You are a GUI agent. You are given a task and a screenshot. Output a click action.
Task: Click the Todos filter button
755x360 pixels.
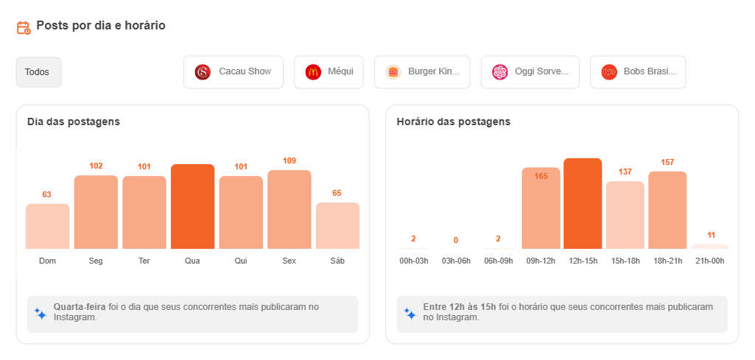pos(38,72)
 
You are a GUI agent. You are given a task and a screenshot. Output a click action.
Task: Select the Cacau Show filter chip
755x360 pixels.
pos(233,72)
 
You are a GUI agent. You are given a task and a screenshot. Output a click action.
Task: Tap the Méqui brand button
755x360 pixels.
pos(329,72)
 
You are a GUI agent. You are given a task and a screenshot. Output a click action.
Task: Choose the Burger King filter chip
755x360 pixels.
pos(422,72)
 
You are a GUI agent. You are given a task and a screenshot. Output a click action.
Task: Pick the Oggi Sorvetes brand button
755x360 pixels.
pos(530,72)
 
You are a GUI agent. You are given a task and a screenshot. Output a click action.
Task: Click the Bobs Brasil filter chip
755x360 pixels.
pos(637,72)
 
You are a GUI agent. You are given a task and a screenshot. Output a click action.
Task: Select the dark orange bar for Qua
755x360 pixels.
pos(192,207)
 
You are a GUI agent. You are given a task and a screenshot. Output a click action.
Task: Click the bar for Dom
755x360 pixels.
pos(47,227)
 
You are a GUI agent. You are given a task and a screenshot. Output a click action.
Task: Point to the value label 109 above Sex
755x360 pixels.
pos(289,160)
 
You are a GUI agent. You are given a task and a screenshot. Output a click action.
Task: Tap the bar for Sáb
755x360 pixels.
pos(337,226)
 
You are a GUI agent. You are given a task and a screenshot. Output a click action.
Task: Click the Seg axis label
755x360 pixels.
pos(96,261)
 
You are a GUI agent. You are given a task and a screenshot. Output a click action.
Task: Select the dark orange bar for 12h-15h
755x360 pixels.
pos(582,204)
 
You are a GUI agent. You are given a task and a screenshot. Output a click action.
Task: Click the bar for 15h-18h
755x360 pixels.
pos(625,215)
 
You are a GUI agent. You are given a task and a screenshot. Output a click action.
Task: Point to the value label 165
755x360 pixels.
pos(541,176)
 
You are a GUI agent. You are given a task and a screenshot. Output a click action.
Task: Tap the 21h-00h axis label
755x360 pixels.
pos(709,261)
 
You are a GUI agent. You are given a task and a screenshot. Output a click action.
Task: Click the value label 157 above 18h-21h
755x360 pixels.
pos(667,162)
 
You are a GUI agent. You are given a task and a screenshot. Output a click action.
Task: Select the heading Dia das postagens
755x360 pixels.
pos(74,121)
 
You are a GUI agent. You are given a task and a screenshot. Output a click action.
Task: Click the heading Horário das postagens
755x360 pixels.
pos(453,121)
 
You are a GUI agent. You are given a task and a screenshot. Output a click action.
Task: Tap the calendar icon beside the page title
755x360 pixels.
pos(24,27)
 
